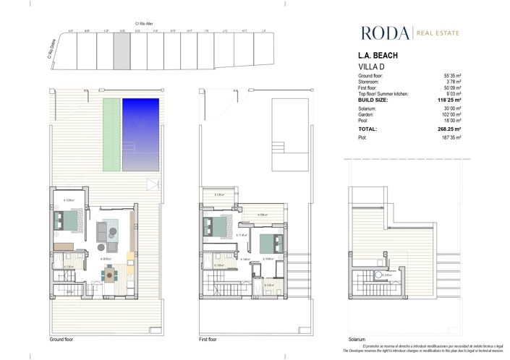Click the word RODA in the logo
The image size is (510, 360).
pos(384,33)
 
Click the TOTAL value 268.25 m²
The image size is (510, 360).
pos(449,129)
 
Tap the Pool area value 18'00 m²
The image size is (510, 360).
pos(451,119)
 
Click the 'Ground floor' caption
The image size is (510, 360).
pos(61,339)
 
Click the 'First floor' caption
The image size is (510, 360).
pos(209,339)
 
